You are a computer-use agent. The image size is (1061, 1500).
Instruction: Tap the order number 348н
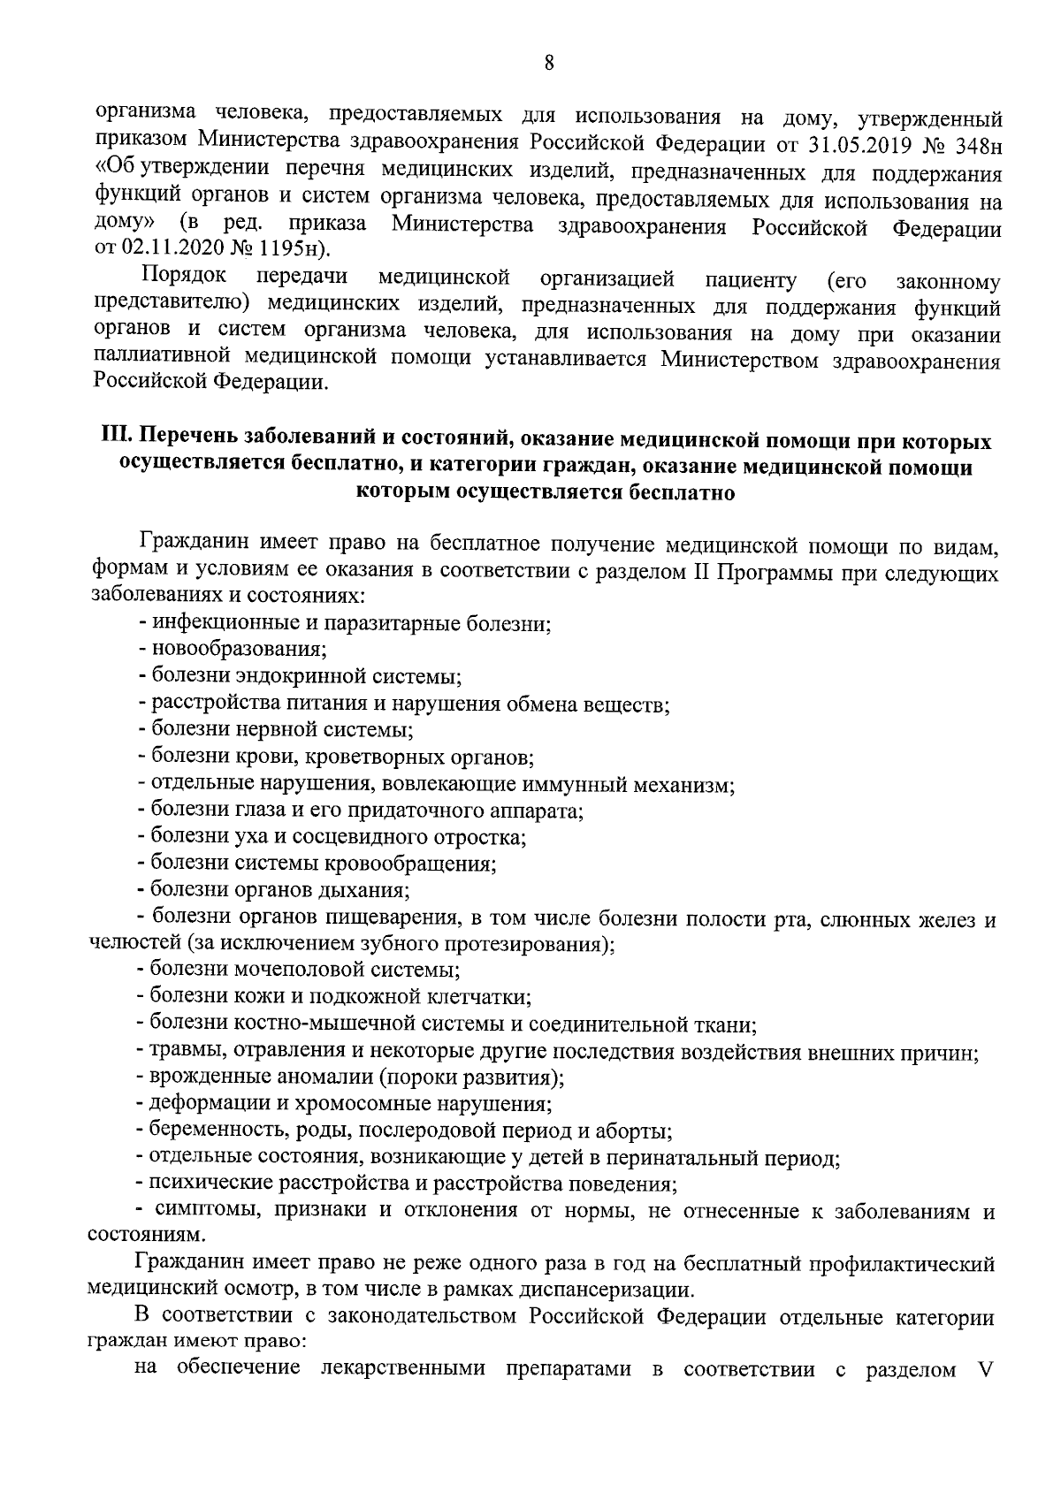969,143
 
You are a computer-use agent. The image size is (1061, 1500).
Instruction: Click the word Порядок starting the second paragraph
183,278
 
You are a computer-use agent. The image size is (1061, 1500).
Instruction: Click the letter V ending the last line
988,1370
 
